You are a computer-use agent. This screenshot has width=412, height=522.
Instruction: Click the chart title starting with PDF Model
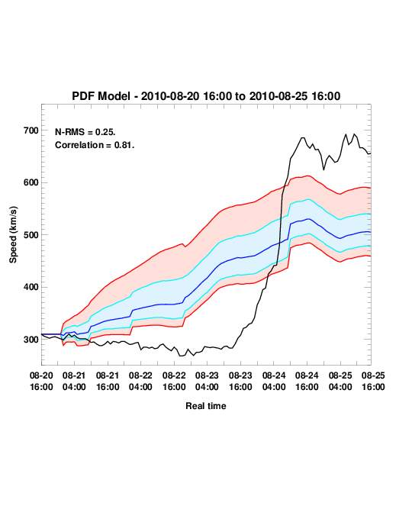coord(206,96)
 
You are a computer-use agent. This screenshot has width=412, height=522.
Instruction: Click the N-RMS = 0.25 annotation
coord(85,132)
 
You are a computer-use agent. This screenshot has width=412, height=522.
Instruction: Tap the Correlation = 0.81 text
coord(95,145)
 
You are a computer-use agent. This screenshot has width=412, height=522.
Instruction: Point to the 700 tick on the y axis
coord(31,130)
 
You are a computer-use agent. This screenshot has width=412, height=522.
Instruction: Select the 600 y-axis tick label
coord(31,182)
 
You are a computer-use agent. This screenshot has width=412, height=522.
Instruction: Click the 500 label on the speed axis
coord(31,235)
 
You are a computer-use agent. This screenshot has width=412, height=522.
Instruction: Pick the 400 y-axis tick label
coord(31,287)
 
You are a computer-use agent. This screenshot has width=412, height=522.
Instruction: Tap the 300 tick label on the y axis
coord(31,340)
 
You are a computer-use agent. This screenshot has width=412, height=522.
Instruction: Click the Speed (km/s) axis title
coord(13,235)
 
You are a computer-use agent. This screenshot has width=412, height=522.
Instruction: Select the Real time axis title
coord(206,406)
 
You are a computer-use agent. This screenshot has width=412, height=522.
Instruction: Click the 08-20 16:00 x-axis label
coord(41,382)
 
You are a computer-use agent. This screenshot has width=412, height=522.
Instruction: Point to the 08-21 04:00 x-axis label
coord(74,382)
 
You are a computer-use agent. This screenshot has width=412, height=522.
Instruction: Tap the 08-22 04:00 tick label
coord(140,382)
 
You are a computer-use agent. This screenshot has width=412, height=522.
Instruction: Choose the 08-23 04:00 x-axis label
coord(207,382)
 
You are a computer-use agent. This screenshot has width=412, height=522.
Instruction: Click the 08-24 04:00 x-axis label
coord(274,382)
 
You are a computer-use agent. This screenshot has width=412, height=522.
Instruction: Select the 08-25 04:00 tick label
coord(340,382)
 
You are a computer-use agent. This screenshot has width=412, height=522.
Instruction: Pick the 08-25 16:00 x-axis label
coord(373,382)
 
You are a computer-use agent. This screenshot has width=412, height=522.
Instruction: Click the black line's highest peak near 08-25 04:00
coord(354,134)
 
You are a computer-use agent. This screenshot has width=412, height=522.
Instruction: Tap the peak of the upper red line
coord(307,176)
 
